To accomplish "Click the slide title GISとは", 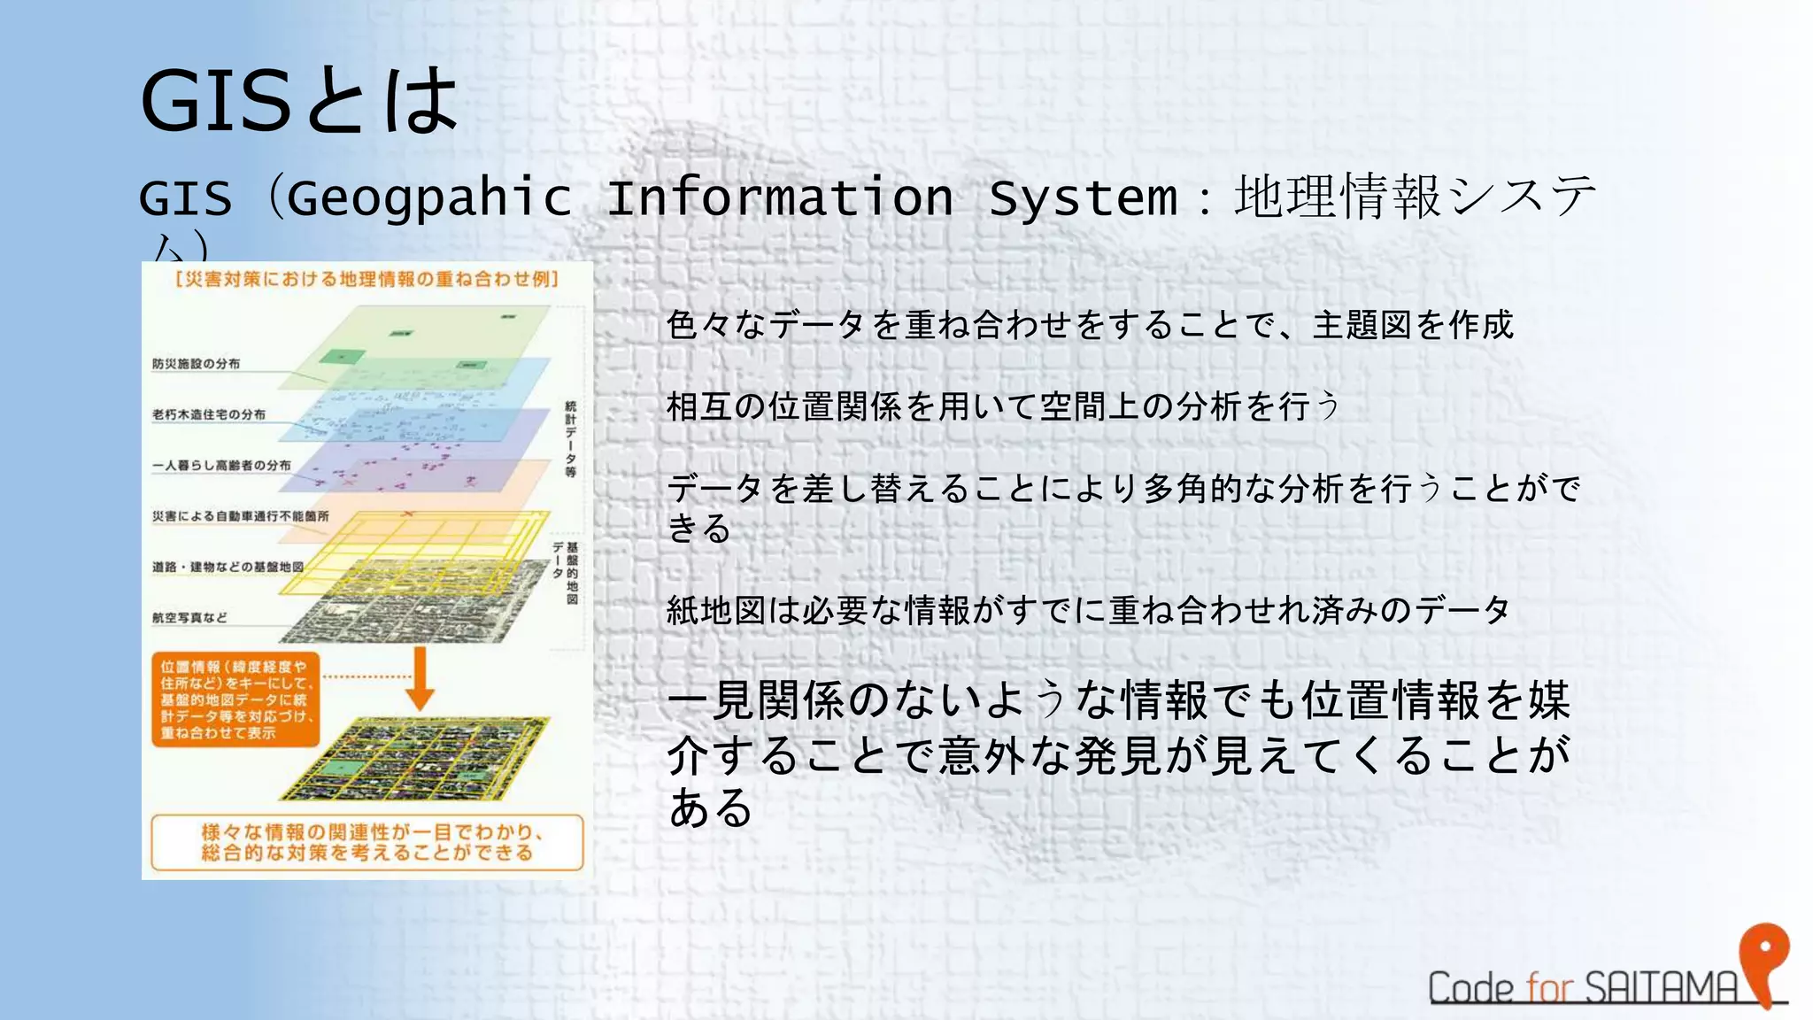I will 298,101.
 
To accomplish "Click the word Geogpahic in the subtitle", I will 429,198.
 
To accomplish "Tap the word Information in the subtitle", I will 779,198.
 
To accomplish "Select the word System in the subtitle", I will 1082,198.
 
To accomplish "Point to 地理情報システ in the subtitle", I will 1415,197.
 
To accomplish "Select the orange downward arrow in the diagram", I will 420,677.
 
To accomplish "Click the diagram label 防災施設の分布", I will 196,364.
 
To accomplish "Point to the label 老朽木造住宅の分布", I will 208,414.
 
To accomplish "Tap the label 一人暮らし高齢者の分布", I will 220,465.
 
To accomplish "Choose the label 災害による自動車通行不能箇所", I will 240,516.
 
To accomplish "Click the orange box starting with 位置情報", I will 235,699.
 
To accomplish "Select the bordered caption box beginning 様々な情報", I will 366,842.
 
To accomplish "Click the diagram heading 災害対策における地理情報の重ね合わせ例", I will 366,280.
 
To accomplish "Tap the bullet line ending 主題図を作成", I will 1089,325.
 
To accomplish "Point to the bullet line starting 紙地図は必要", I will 1087,610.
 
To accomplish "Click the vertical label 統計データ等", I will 571,439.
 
